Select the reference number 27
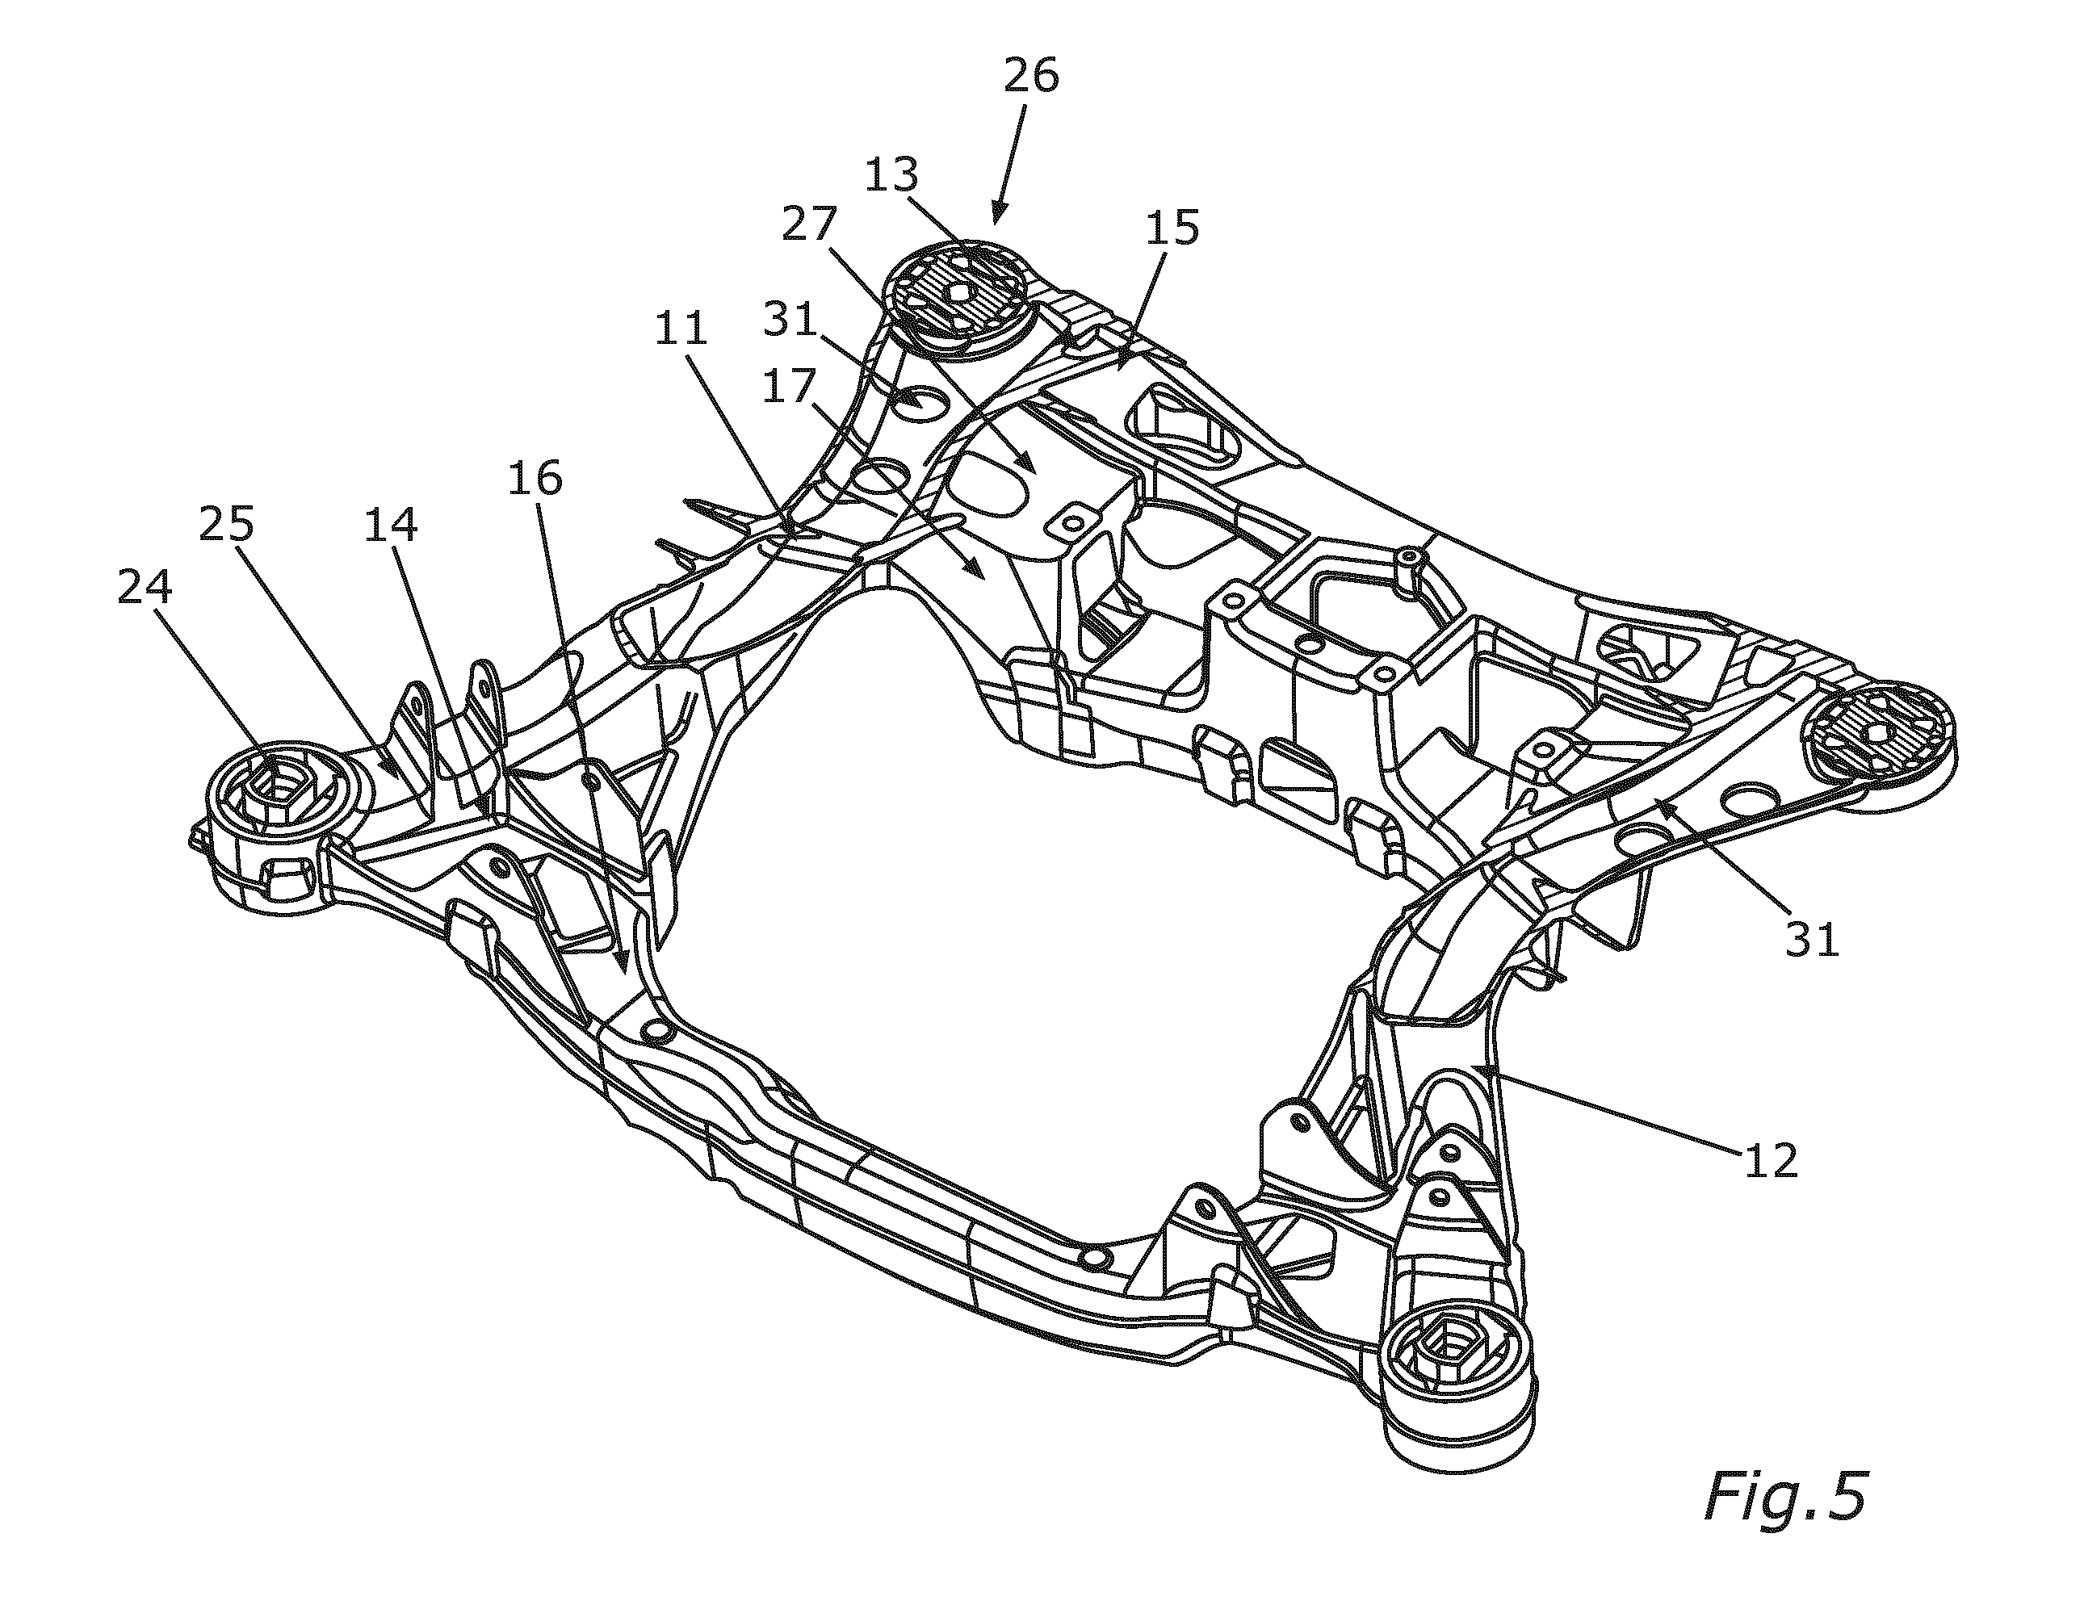[810, 225]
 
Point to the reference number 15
[1172, 228]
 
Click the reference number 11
[681, 329]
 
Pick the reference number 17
[789, 388]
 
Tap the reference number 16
[535, 478]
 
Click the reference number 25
[226, 523]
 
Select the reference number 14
[390, 524]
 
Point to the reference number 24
[145, 587]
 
